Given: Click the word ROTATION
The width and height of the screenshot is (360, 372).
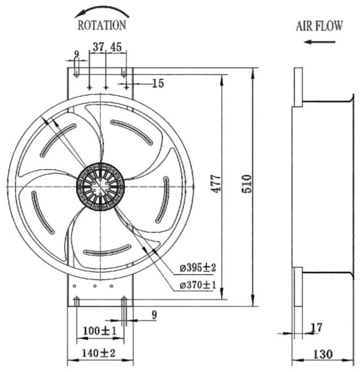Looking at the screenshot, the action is click(x=102, y=25).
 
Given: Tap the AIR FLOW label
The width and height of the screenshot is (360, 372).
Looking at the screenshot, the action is click(x=319, y=26).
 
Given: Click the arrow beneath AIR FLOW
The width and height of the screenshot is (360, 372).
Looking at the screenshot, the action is click(x=319, y=42).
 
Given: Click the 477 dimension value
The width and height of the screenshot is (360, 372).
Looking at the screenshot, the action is click(x=216, y=184).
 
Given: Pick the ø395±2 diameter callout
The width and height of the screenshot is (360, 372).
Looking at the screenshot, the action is click(x=198, y=268).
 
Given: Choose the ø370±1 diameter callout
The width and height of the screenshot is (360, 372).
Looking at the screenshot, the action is click(x=198, y=285).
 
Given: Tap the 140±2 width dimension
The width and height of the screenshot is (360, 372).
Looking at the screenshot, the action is click(x=99, y=353).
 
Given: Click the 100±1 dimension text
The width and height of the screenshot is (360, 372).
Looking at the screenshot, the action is click(x=100, y=331).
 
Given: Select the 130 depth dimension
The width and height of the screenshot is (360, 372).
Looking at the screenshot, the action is click(x=323, y=355).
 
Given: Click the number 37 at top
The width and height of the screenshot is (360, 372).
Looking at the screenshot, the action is click(x=98, y=47).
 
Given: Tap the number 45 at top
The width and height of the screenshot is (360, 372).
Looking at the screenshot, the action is click(x=116, y=47).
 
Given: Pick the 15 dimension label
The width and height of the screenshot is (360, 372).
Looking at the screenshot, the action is click(x=158, y=83).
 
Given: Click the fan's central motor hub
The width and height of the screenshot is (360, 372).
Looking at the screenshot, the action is click(x=100, y=187).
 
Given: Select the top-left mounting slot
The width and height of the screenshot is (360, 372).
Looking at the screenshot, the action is click(x=76, y=72).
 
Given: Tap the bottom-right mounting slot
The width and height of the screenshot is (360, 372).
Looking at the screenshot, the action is click(x=124, y=301).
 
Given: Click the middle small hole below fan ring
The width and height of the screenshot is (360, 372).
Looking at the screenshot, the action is click(x=95, y=286).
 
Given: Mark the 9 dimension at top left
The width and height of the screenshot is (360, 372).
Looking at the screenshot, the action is click(x=77, y=54).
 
